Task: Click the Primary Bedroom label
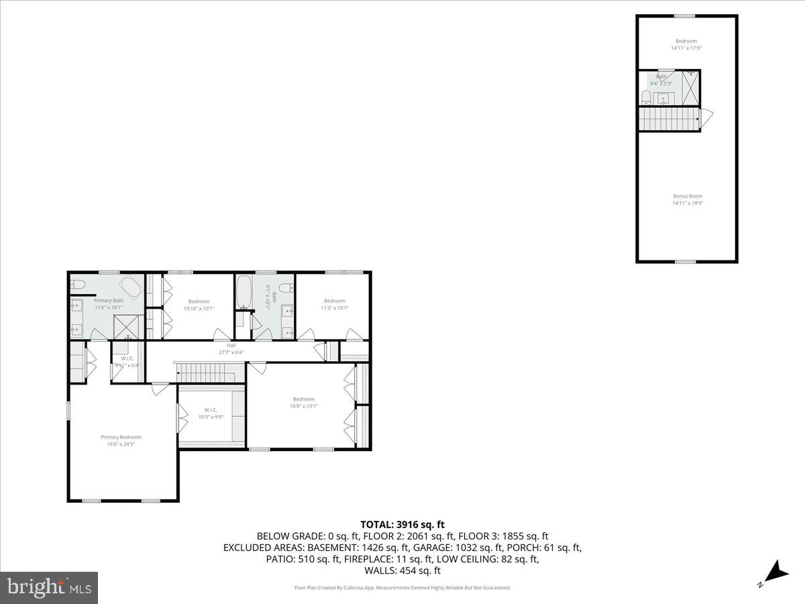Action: pos(121,437)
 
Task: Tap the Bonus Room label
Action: pos(688,196)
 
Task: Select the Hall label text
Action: pos(231,345)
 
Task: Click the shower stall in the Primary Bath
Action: pos(125,327)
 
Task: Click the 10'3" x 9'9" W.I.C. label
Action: pos(211,417)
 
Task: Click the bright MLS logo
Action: pos(49,588)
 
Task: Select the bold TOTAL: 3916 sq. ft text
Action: pos(402,525)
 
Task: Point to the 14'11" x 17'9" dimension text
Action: pos(686,48)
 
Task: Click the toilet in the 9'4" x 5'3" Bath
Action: pos(646,99)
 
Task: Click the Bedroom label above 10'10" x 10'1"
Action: pos(199,301)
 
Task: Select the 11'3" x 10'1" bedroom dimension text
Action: pos(334,308)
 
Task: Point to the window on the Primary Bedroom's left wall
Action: pos(68,411)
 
